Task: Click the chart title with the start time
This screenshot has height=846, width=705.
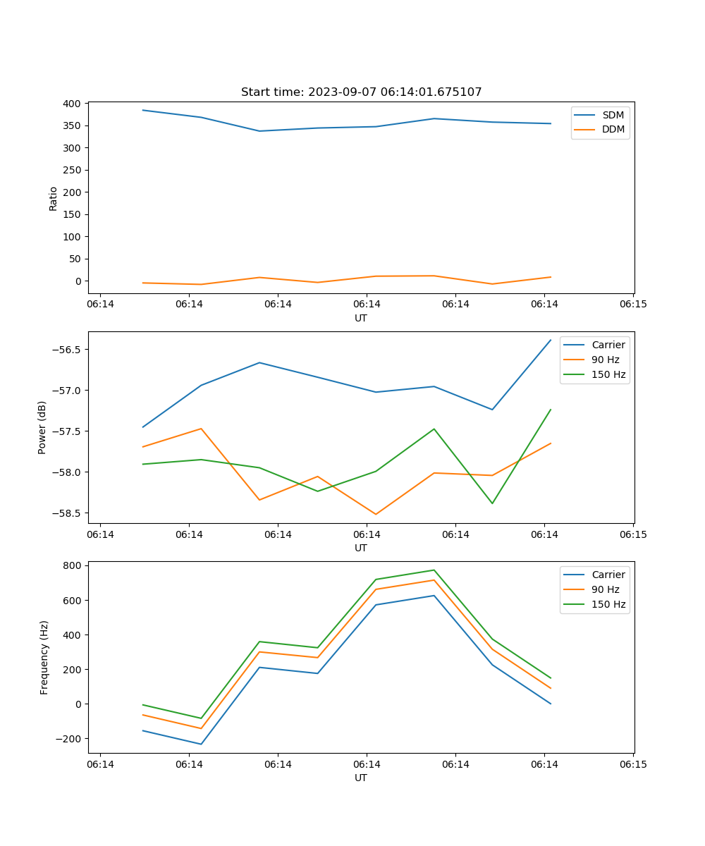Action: (x=361, y=92)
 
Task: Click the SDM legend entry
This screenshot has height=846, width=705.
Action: (x=613, y=115)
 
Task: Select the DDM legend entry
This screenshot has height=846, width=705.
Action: (x=613, y=129)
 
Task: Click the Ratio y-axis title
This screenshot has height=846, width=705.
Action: (x=54, y=198)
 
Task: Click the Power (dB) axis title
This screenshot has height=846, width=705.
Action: (x=42, y=427)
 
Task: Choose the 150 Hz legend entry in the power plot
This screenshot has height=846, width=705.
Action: (x=608, y=374)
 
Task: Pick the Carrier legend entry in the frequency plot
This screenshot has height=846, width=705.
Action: (x=608, y=575)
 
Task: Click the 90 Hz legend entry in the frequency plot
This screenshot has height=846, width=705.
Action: (x=605, y=589)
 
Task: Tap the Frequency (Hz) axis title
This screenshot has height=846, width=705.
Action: (x=44, y=657)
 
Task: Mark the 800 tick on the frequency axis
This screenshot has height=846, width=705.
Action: (x=73, y=565)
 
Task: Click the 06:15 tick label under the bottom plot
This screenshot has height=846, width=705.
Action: (x=632, y=764)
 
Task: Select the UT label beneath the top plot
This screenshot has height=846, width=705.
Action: (x=361, y=318)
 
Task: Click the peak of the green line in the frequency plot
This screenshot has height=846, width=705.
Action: (x=434, y=570)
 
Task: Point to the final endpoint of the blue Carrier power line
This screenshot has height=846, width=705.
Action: (x=551, y=340)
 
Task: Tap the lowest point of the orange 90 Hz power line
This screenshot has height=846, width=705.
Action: (x=376, y=514)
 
